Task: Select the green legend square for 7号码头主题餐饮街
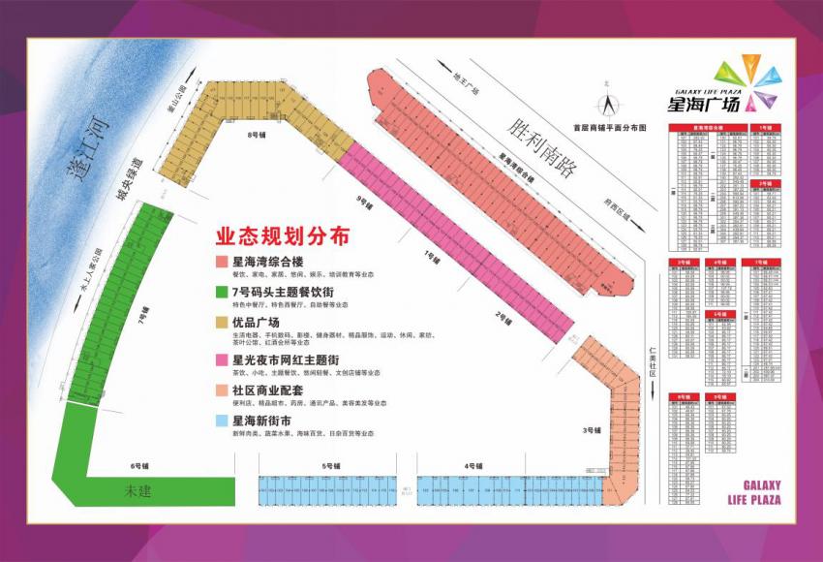pos(221,292)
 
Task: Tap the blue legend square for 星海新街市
pos(221,421)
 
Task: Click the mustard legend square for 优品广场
pos(221,323)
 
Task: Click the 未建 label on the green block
pos(138,491)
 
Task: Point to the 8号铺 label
pos(257,135)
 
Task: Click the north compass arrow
pos(609,103)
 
